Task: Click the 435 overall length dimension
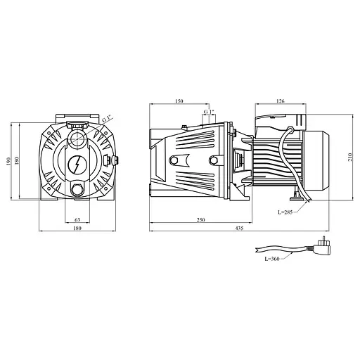pos(239,228)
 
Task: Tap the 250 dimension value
pos(201,220)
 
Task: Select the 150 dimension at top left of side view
pos(179,101)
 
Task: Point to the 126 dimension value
pos(281,101)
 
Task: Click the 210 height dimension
pos(350,157)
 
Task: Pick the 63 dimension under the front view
pos(77,220)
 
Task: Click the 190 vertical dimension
pos(8,161)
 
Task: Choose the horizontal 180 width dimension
pos(77,228)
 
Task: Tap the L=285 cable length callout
pos(285,212)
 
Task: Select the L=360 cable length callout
pos(272,259)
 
